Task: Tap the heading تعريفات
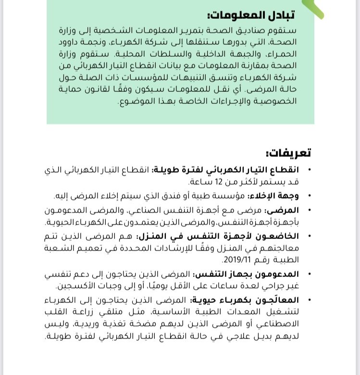(288, 153)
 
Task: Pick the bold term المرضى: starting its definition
(287, 211)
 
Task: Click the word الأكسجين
(73, 286)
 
